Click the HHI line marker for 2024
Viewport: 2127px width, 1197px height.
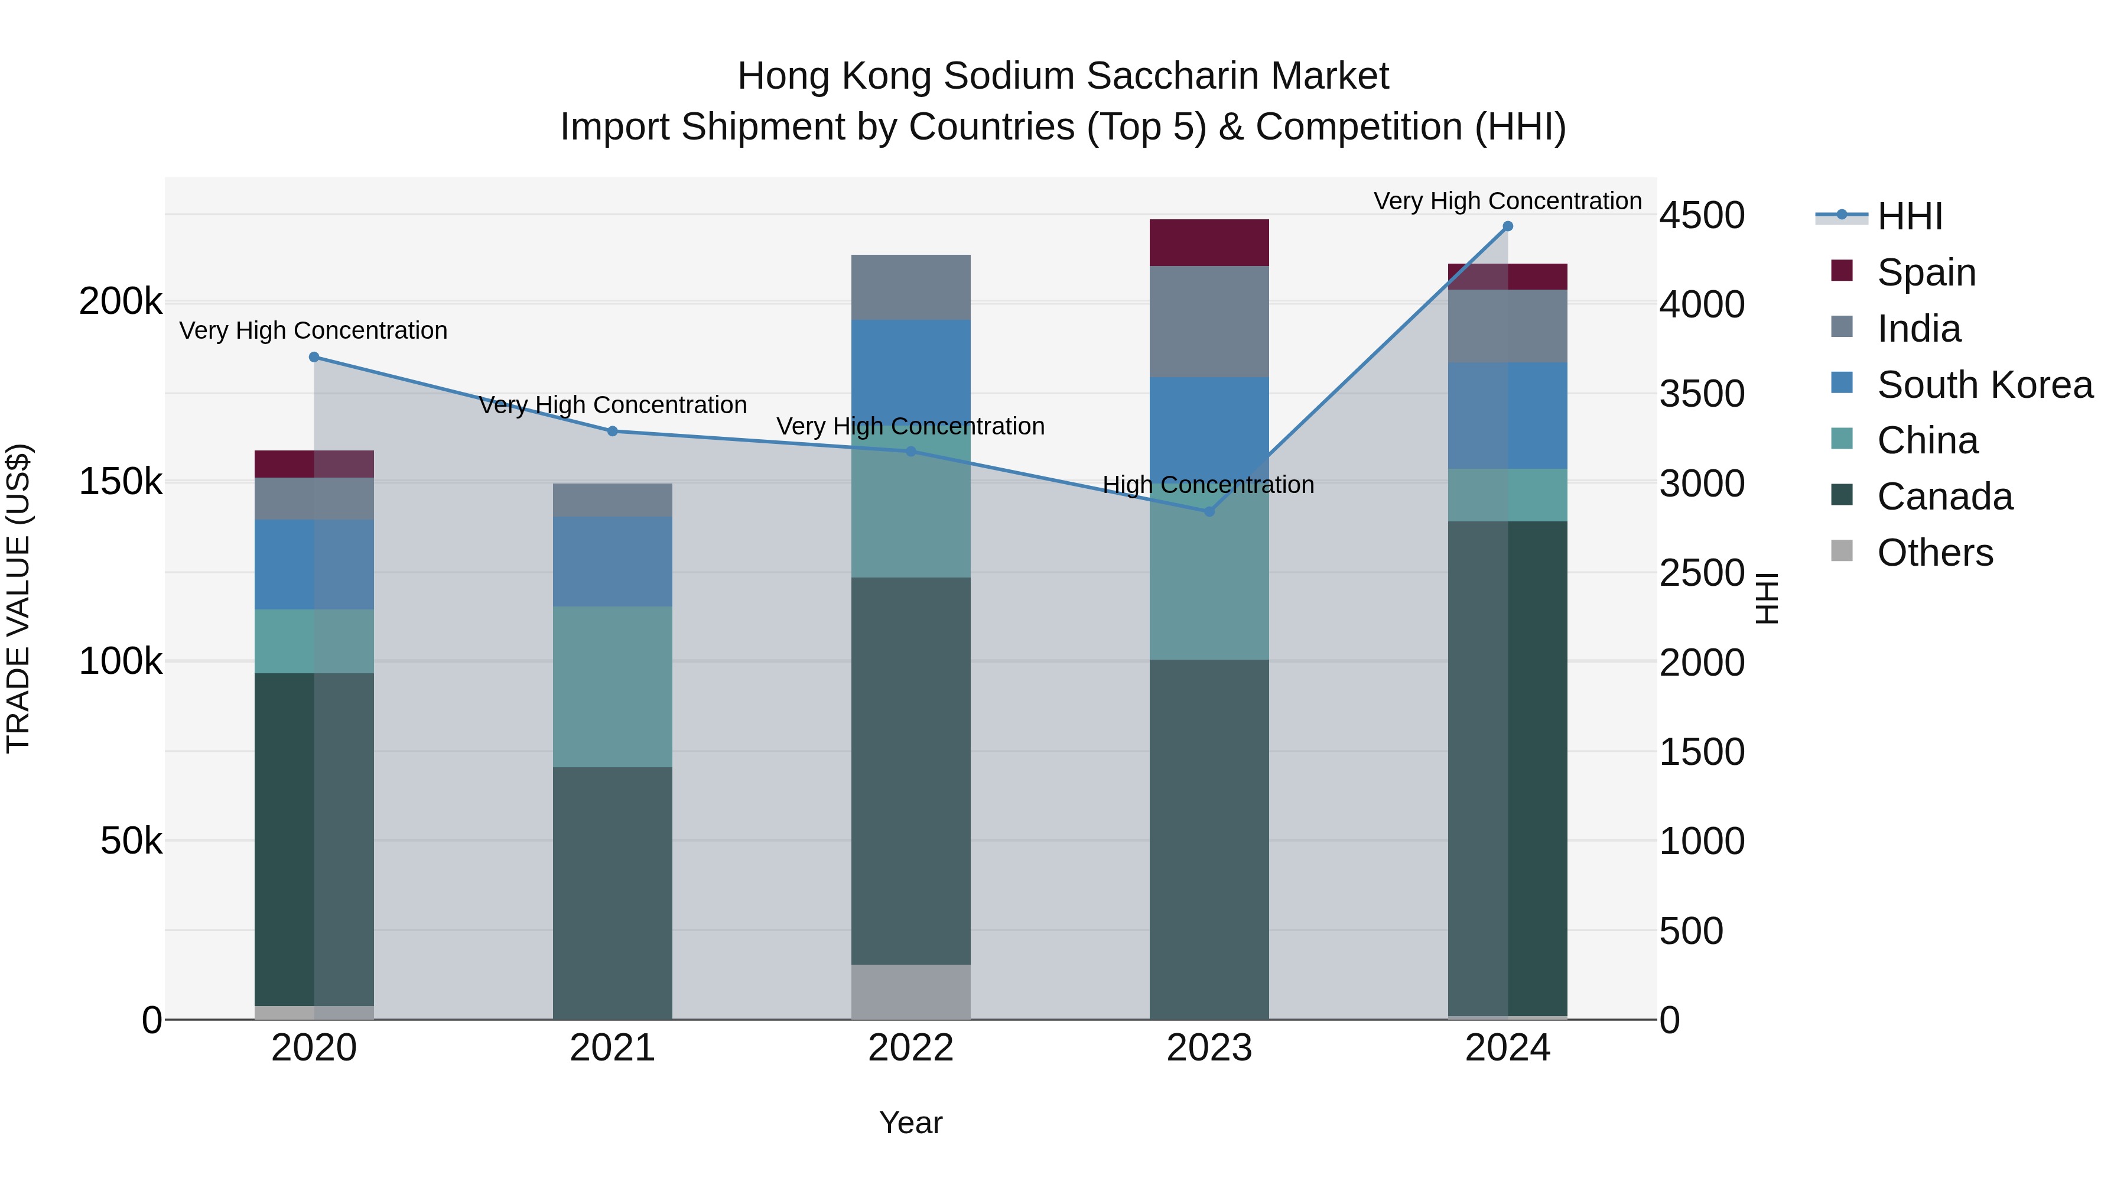(x=1508, y=226)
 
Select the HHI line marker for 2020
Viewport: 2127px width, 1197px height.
(x=314, y=357)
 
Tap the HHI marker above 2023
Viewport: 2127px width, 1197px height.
(x=1209, y=511)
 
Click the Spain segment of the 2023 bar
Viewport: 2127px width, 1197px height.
(x=1209, y=243)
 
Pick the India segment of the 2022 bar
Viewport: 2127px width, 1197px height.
(x=910, y=287)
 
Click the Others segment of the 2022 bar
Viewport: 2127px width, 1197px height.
(x=910, y=991)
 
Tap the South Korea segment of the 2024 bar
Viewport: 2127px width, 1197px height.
(x=1508, y=416)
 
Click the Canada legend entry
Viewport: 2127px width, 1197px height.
(x=1944, y=497)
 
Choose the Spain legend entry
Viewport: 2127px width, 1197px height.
(x=1926, y=272)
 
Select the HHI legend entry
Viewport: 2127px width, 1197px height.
(x=1909, y=216)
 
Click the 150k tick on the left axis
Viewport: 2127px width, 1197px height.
(x=121, y=482)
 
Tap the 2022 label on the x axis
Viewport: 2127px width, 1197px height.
(x=910, y=1048)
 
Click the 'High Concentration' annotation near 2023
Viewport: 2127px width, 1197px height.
(x=1208, y=485)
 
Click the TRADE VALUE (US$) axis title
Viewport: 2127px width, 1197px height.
(x=18, y=598)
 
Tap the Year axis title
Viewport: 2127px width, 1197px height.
(x=910, y=1123)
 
